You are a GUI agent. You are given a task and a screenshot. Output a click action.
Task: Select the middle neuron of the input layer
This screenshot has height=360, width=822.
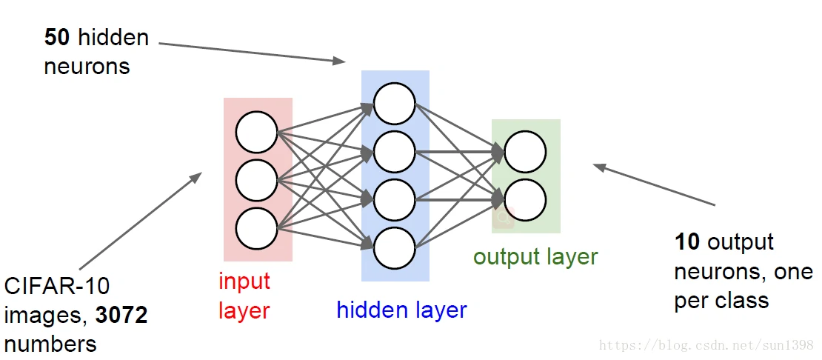click(x=257, y=180)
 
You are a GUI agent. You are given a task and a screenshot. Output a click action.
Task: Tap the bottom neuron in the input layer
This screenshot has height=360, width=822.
click(x=257, y=228)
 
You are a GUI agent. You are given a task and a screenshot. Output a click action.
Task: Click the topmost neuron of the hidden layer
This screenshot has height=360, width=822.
click(x=394, y=104)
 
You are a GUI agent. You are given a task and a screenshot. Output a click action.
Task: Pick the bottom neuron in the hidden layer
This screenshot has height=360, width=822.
click(x=394, y=247)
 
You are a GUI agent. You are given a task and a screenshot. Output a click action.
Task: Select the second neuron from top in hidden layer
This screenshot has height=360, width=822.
click(x=394, y=152)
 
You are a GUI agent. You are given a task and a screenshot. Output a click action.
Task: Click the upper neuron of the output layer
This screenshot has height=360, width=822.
click(x=525, y=152)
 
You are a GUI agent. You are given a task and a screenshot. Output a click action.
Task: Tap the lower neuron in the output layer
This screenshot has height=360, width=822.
click(x=525, y=199)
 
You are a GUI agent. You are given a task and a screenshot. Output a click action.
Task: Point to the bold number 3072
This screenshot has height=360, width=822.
click(x=121, y=316)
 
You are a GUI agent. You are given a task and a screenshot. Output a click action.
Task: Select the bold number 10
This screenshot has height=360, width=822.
click(x=687, y=242)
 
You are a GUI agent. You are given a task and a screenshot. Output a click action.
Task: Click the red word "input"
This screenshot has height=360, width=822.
click(x=244, y=281)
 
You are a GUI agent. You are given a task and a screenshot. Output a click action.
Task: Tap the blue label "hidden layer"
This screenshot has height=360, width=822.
click(x=401, y=310)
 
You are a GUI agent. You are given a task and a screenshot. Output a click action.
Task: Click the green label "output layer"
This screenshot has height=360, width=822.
click(x=535, y=257)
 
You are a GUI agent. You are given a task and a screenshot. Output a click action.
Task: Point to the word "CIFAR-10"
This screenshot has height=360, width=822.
click(x=57, y=287)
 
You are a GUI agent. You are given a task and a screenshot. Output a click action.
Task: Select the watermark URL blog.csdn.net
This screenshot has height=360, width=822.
click(x=706, y=346)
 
